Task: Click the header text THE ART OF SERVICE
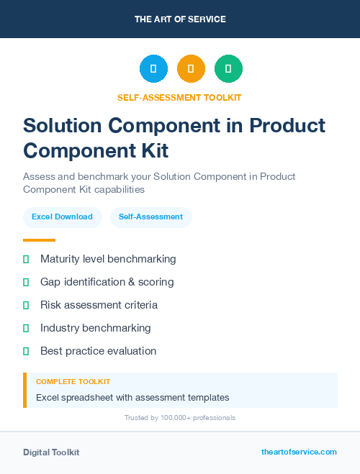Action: click(180, 19)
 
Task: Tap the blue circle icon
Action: click(153, 69)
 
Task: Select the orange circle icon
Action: click(191, 69)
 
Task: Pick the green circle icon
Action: click(228, 69)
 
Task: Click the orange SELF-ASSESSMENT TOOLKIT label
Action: click(179, 97)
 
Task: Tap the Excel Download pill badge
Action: click(62, 217)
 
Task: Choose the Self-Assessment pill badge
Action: click(150, 217)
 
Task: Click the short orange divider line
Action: click(39, 240)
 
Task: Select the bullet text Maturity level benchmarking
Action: click(108, 259)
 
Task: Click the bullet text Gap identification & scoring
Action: click(107, 282)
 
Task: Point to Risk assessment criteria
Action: click(99, 305)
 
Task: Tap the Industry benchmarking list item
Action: click(96, 328)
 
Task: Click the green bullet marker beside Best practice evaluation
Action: click(26, 351)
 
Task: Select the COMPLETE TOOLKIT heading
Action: click(73, 381)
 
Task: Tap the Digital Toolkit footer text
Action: click(51, 452)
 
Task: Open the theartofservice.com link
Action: click(299, 452)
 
